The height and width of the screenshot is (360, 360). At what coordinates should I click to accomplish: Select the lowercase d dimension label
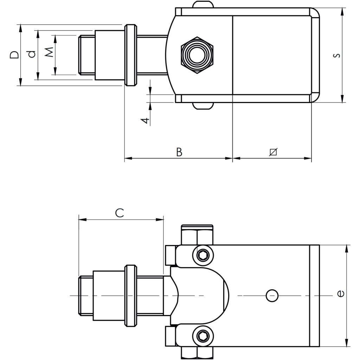[x=32, y=54]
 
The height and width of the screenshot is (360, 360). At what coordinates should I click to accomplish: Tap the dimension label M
[x=49, y=52]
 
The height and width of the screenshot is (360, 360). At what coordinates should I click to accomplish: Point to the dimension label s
[x=336, y=56]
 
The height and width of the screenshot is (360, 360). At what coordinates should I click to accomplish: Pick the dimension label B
[x=179, y=152]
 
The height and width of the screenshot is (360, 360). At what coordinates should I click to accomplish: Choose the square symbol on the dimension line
[x=273, y=152]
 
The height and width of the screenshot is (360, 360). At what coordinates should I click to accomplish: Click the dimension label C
[x=120, y=213]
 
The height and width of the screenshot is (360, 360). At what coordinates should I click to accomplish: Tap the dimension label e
[x=340, y=293]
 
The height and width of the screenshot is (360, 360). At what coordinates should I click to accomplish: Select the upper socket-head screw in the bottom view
[x=203, y=256]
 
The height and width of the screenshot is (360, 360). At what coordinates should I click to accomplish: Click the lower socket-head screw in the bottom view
[x=203, y=336]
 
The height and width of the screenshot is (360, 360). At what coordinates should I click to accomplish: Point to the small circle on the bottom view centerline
[x=272, y=296]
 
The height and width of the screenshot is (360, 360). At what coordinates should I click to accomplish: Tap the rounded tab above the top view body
[x=203, y=5]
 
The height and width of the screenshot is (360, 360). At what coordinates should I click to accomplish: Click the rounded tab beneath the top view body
[x=203, y=105]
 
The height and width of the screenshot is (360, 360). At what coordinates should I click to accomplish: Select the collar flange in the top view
[x=130, y=55]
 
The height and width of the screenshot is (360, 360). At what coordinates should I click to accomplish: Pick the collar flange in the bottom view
[x=130, y=296]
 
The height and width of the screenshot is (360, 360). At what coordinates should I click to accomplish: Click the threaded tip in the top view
[x=86, y=55]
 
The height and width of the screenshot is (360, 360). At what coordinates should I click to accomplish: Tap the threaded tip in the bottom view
[x=86, y=296]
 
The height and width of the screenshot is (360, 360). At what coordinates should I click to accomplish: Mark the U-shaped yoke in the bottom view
[x=200, y=296]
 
